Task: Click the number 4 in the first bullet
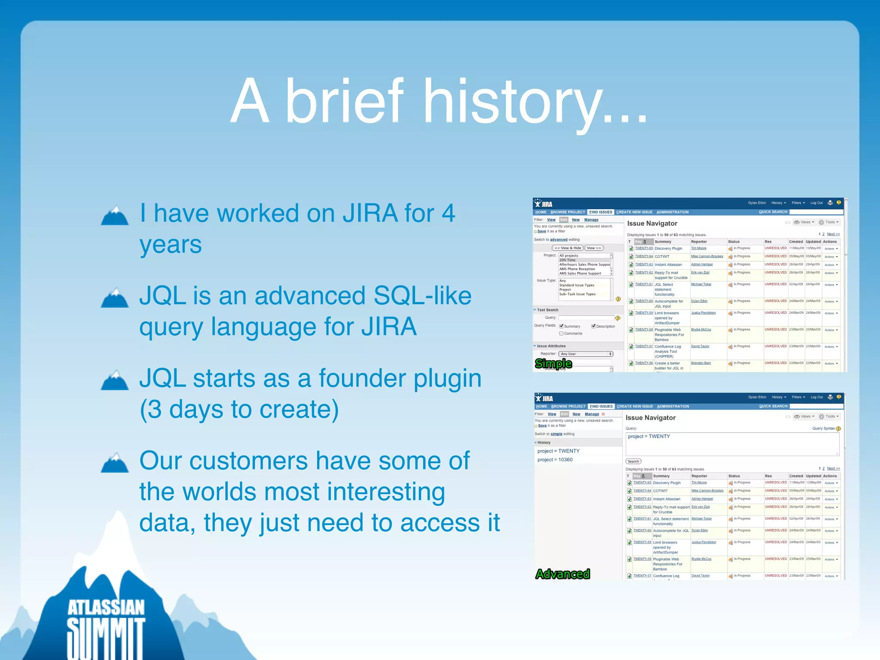(448, 213)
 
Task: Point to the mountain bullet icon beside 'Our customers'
(115, 463)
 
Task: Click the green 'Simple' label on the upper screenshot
(553, 364)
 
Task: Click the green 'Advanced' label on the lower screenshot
(562, 574)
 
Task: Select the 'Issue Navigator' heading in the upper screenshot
(652, 223)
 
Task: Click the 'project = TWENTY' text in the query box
(649, 437)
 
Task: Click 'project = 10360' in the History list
(555, 460)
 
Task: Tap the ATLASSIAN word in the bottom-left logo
(106, 608)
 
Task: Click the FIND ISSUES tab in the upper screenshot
(600, 212)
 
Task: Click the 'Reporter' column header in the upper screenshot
(699, 242)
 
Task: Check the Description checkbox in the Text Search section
(593, 326)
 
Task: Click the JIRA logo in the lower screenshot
(544, 398)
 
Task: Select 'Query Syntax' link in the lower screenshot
(823, 428)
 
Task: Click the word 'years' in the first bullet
(171, 245)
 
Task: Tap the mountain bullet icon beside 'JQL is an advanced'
(115, 298)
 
